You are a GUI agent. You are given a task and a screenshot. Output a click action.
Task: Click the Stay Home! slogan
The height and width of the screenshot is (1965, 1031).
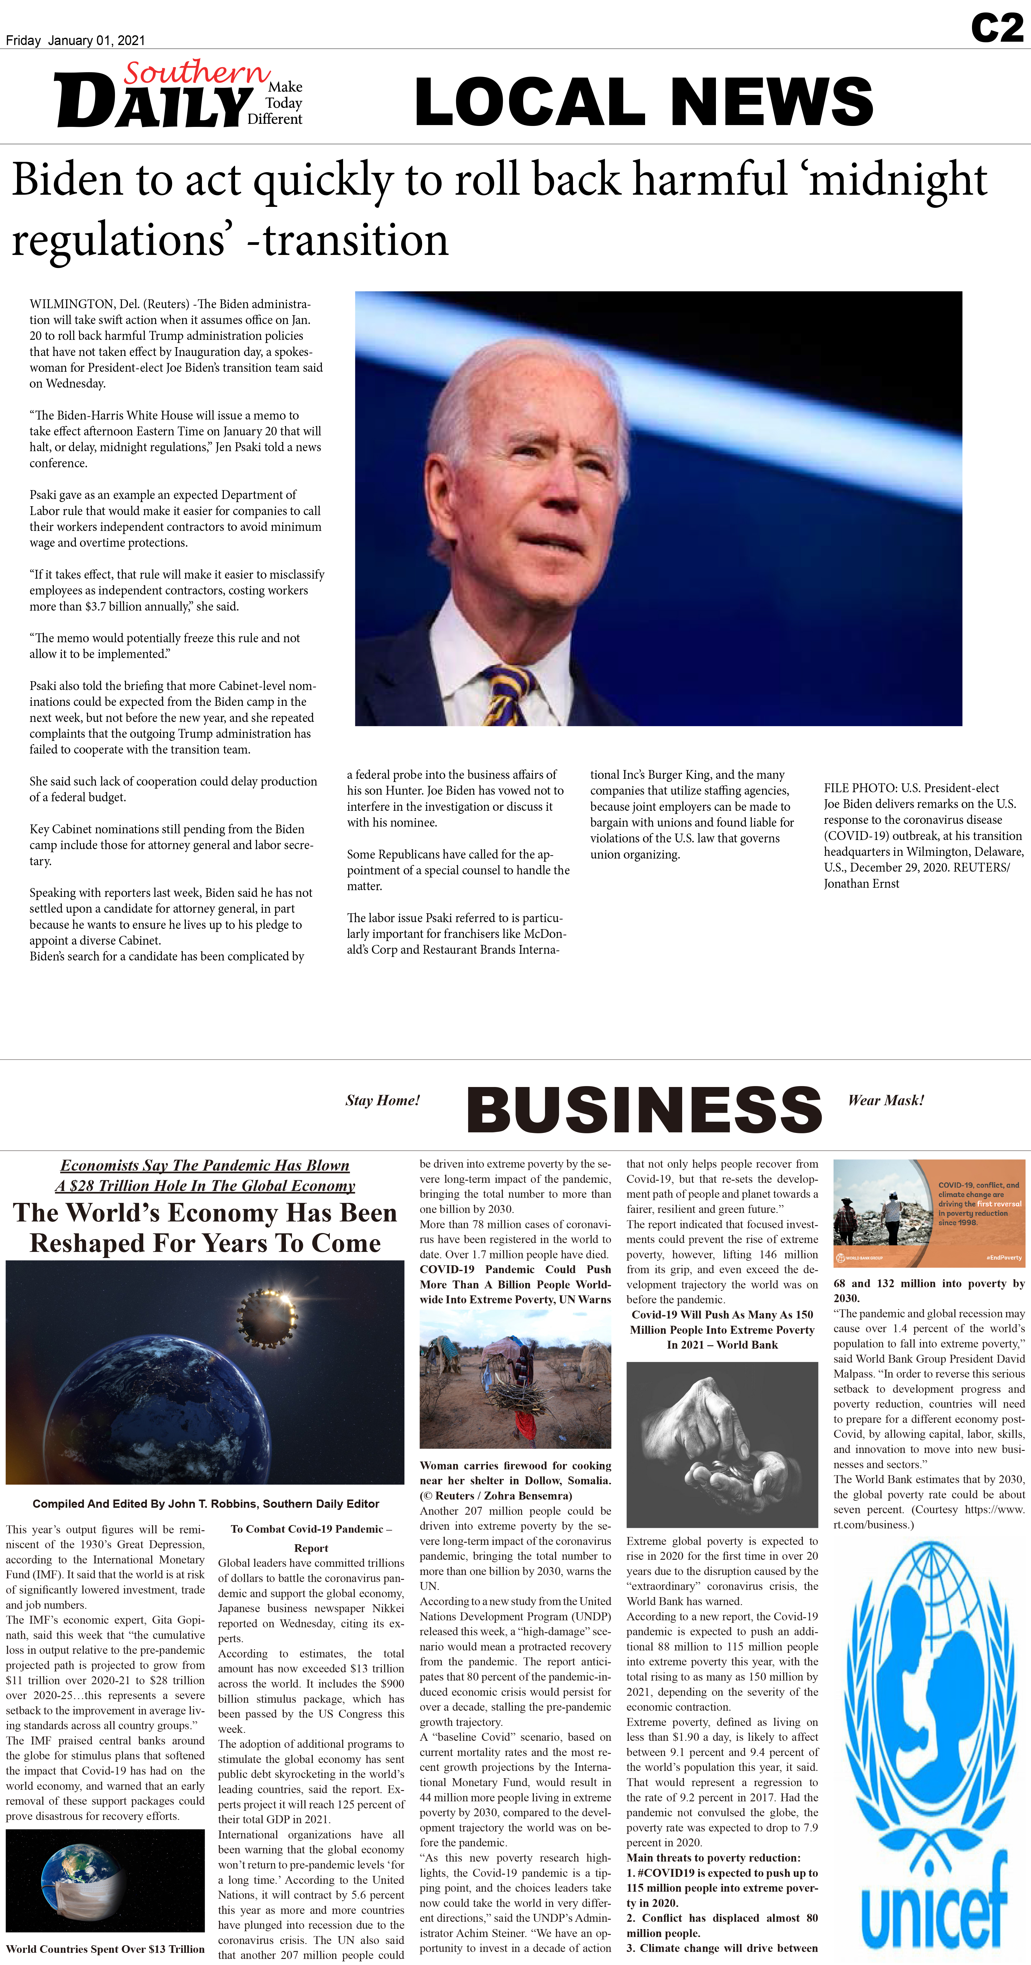coord(383,1100)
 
